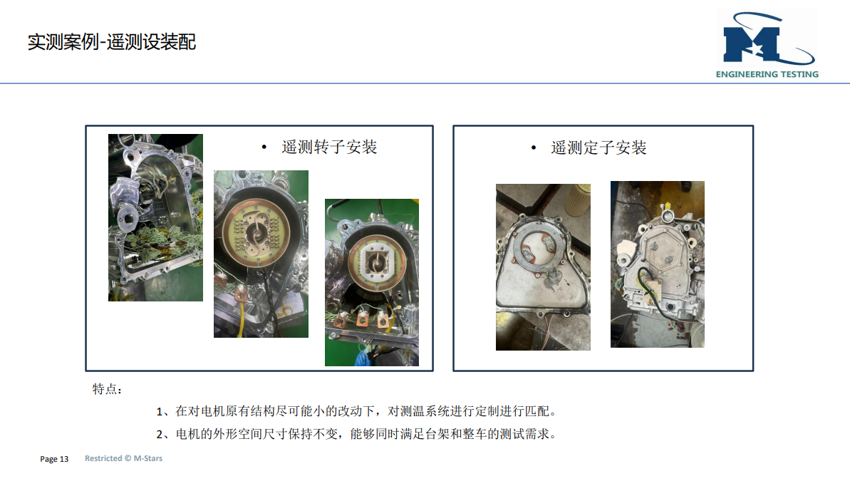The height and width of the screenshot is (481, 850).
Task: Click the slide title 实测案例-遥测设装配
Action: tap(112, 42)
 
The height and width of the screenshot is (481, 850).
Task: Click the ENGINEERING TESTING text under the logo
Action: tap(767, 74)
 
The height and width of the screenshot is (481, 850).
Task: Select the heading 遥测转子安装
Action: tap(329, 147)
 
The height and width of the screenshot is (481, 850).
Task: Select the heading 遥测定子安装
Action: tap(598, 148)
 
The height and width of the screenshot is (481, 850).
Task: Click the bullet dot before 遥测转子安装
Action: tap(264, 147)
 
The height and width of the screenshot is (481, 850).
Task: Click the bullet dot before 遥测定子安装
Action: tap(534, 148)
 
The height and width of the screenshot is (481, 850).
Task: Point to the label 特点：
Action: tap(108, 389)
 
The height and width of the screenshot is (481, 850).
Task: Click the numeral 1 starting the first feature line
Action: tap(160, 412)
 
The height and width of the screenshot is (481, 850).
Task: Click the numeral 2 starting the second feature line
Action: tap(160, 435)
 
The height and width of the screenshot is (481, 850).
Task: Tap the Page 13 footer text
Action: tap(54, 459)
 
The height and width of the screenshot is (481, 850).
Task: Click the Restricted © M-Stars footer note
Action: tap(123, 458)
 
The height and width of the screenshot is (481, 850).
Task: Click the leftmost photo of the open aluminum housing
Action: tap(155, 217)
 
